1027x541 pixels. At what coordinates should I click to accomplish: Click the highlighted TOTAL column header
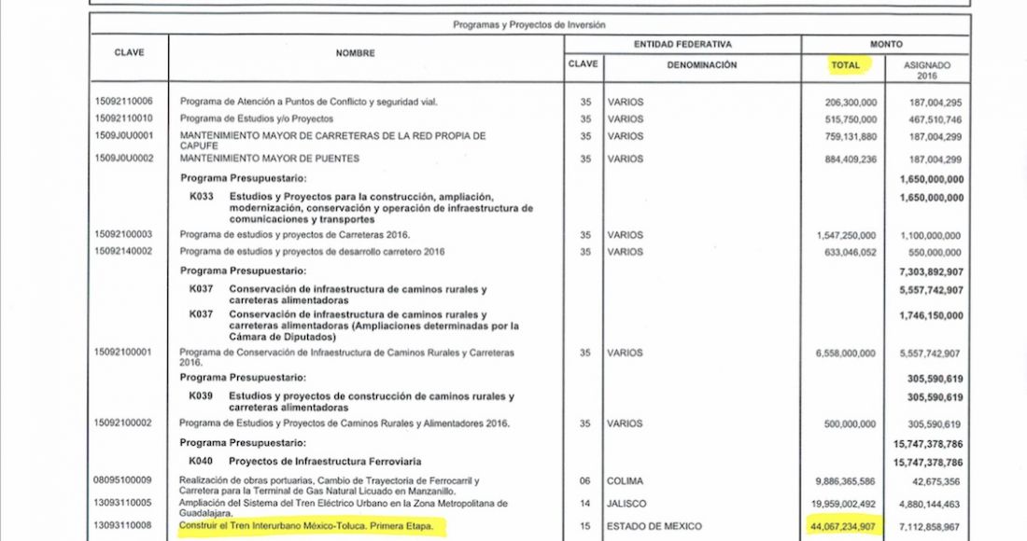point(845,65)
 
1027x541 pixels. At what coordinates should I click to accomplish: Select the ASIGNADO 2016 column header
point(927,71)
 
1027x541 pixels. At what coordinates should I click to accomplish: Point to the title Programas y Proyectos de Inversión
point(529,25)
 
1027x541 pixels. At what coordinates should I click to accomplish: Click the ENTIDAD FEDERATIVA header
point(682,44)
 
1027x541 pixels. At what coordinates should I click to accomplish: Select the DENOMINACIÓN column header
point(701,65)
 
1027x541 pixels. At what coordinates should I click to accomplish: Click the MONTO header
point(885,44)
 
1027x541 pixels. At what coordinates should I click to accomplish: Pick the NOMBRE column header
point(355,53)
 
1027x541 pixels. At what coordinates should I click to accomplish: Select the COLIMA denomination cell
point(626,481)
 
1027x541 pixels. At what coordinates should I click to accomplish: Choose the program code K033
point(201,197)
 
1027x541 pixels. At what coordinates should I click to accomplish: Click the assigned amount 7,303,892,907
point(928,271)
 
